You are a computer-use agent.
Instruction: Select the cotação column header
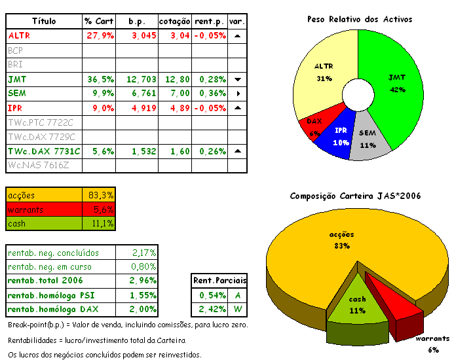[175, 22]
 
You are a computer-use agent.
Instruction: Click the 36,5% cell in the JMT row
[100, 79]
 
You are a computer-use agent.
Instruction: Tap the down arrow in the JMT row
[238, 79]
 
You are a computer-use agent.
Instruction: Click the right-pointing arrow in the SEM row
[238, 94]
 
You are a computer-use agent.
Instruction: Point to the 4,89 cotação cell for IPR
[175, 108]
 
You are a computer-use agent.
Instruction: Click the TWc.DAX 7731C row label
[44, 151]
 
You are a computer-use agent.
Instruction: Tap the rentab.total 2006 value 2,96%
[138, 281]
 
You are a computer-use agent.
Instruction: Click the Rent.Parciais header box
[219, 281]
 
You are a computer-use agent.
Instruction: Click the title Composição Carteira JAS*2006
[355, 196]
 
